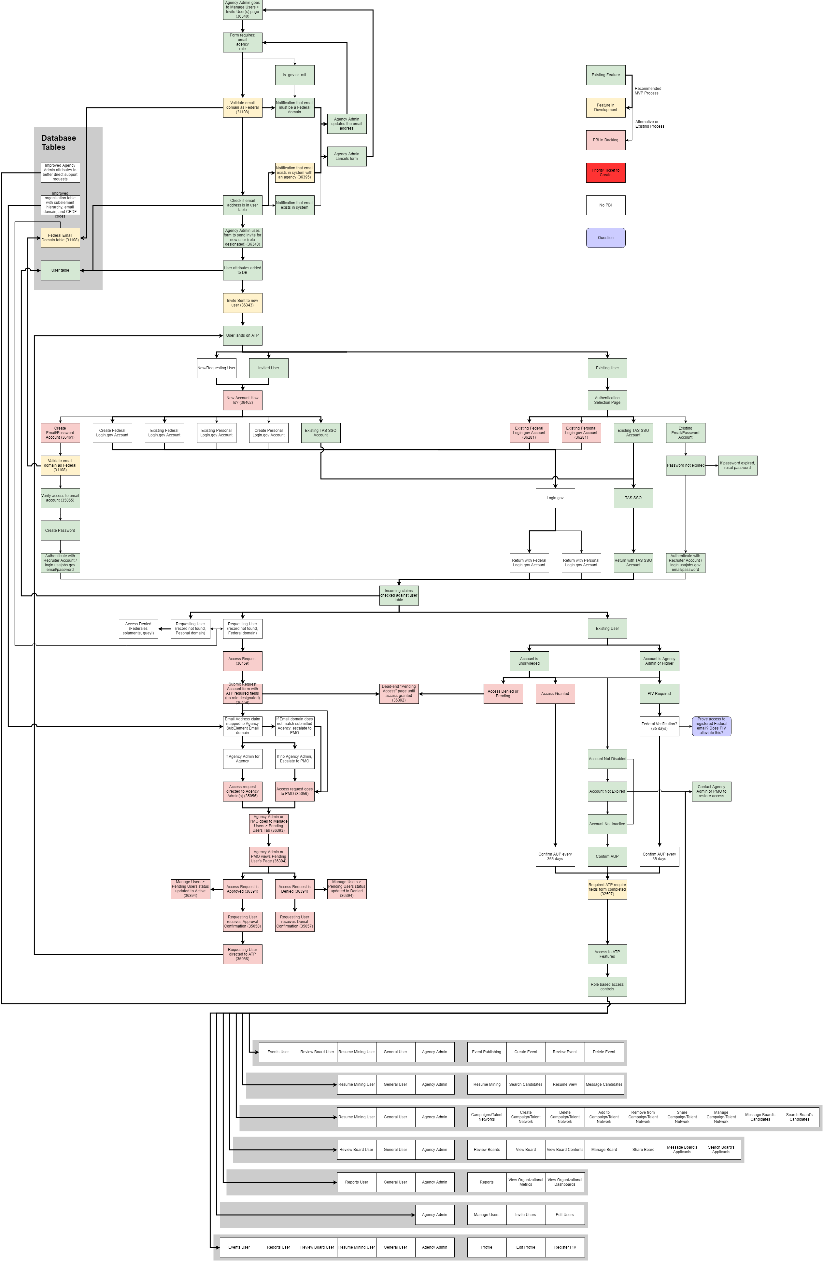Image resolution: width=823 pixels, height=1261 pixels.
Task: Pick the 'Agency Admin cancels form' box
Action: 347,156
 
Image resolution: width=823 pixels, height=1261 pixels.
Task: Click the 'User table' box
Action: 60,270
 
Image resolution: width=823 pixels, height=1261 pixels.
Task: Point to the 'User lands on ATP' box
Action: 242,335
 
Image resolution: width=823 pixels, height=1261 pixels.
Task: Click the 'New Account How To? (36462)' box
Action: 242,400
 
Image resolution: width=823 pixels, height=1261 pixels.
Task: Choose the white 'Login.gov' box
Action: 555,498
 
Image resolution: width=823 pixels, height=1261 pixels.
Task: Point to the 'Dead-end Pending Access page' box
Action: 399,694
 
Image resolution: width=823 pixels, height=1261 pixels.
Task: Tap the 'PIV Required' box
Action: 659,694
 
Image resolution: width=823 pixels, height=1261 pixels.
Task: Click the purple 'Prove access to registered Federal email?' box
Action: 711,726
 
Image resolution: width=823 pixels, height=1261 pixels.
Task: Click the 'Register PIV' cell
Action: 565,1247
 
